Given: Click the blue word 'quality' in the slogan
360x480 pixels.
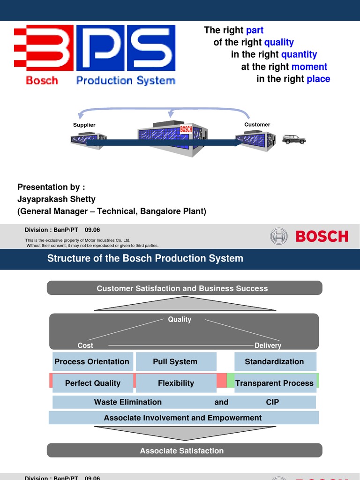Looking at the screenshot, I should pos(279,43).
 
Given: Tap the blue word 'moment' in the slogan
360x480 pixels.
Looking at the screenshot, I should pos(309,67).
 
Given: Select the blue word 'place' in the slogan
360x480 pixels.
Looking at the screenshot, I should pos(318,79).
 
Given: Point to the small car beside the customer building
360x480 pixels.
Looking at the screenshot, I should pos(294,139).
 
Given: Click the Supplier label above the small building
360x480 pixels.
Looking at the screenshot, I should pos(84,125).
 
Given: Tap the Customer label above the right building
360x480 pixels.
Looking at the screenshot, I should pos(257,125).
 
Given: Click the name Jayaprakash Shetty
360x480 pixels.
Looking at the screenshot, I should pos(56,199).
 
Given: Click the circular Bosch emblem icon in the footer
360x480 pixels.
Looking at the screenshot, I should pos(279,236).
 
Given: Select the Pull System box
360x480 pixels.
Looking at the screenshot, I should pos(175,362).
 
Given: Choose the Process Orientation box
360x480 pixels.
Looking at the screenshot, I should pos(92,362).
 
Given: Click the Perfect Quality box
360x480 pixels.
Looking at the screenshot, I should pos(93,383).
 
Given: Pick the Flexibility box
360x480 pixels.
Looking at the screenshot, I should pos(176,383).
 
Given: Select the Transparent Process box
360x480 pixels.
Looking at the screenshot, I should pos(274,383).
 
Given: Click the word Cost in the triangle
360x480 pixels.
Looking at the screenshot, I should pos(85,345).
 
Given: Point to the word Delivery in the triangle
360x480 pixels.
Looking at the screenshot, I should pos(268,345).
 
